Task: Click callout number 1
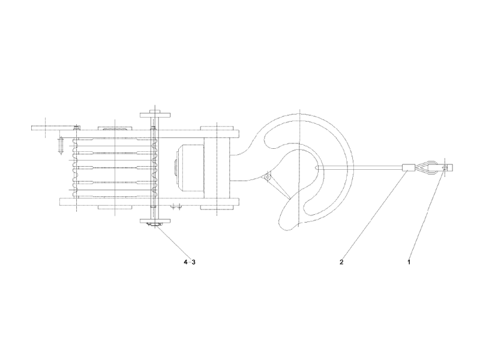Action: (x=409, y=262)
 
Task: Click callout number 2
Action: (x=341, y=262)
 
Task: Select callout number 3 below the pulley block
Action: (x=193, y=262)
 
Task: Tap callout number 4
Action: (x=185, y=262)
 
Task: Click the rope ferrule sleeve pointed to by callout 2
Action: (x=408, y=169)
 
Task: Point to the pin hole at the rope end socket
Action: (x=445, y=169)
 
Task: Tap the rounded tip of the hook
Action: (x=289, y=223)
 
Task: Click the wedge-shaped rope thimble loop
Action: (x=429, y=169)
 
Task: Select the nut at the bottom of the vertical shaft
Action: (x=154, y=226)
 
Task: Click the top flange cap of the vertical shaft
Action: (x=154, y=113)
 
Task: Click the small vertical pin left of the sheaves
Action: (x=61, y=146)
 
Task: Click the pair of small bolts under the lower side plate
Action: (x=175, y=208)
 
